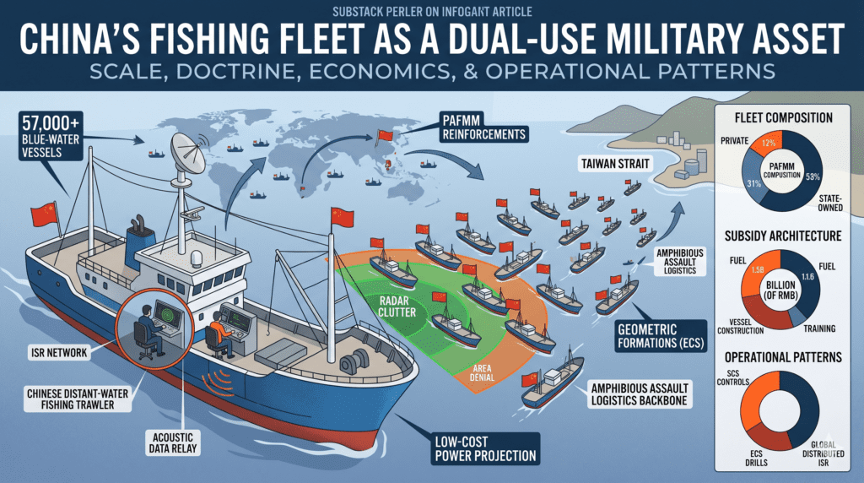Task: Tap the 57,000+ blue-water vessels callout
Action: (x=50, y=136)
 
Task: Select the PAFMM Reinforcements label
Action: (x=483, y=128)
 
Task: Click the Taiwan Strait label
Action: (x=615, y=163)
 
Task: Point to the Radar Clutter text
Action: (x=397, y=307)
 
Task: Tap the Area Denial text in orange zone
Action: (x=482, y=372)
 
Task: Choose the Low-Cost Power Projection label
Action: (x=485, y=449)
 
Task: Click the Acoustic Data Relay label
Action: (x=172, y=442)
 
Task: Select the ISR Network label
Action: (x=60, y=352)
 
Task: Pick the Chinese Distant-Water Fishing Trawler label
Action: (x=78, y=399)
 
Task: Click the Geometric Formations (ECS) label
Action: (x=661, y=336)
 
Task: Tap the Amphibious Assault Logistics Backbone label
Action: (x=640, y=394)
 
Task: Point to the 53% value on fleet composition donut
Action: (x=813, y=177)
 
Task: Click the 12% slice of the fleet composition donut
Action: (x=768, y=143)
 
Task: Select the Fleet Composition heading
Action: (x=783, y=117)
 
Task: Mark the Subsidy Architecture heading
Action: (x=783, y=236)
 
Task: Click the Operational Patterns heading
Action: (x=783, y=357)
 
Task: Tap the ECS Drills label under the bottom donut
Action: (x=756, y=459)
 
